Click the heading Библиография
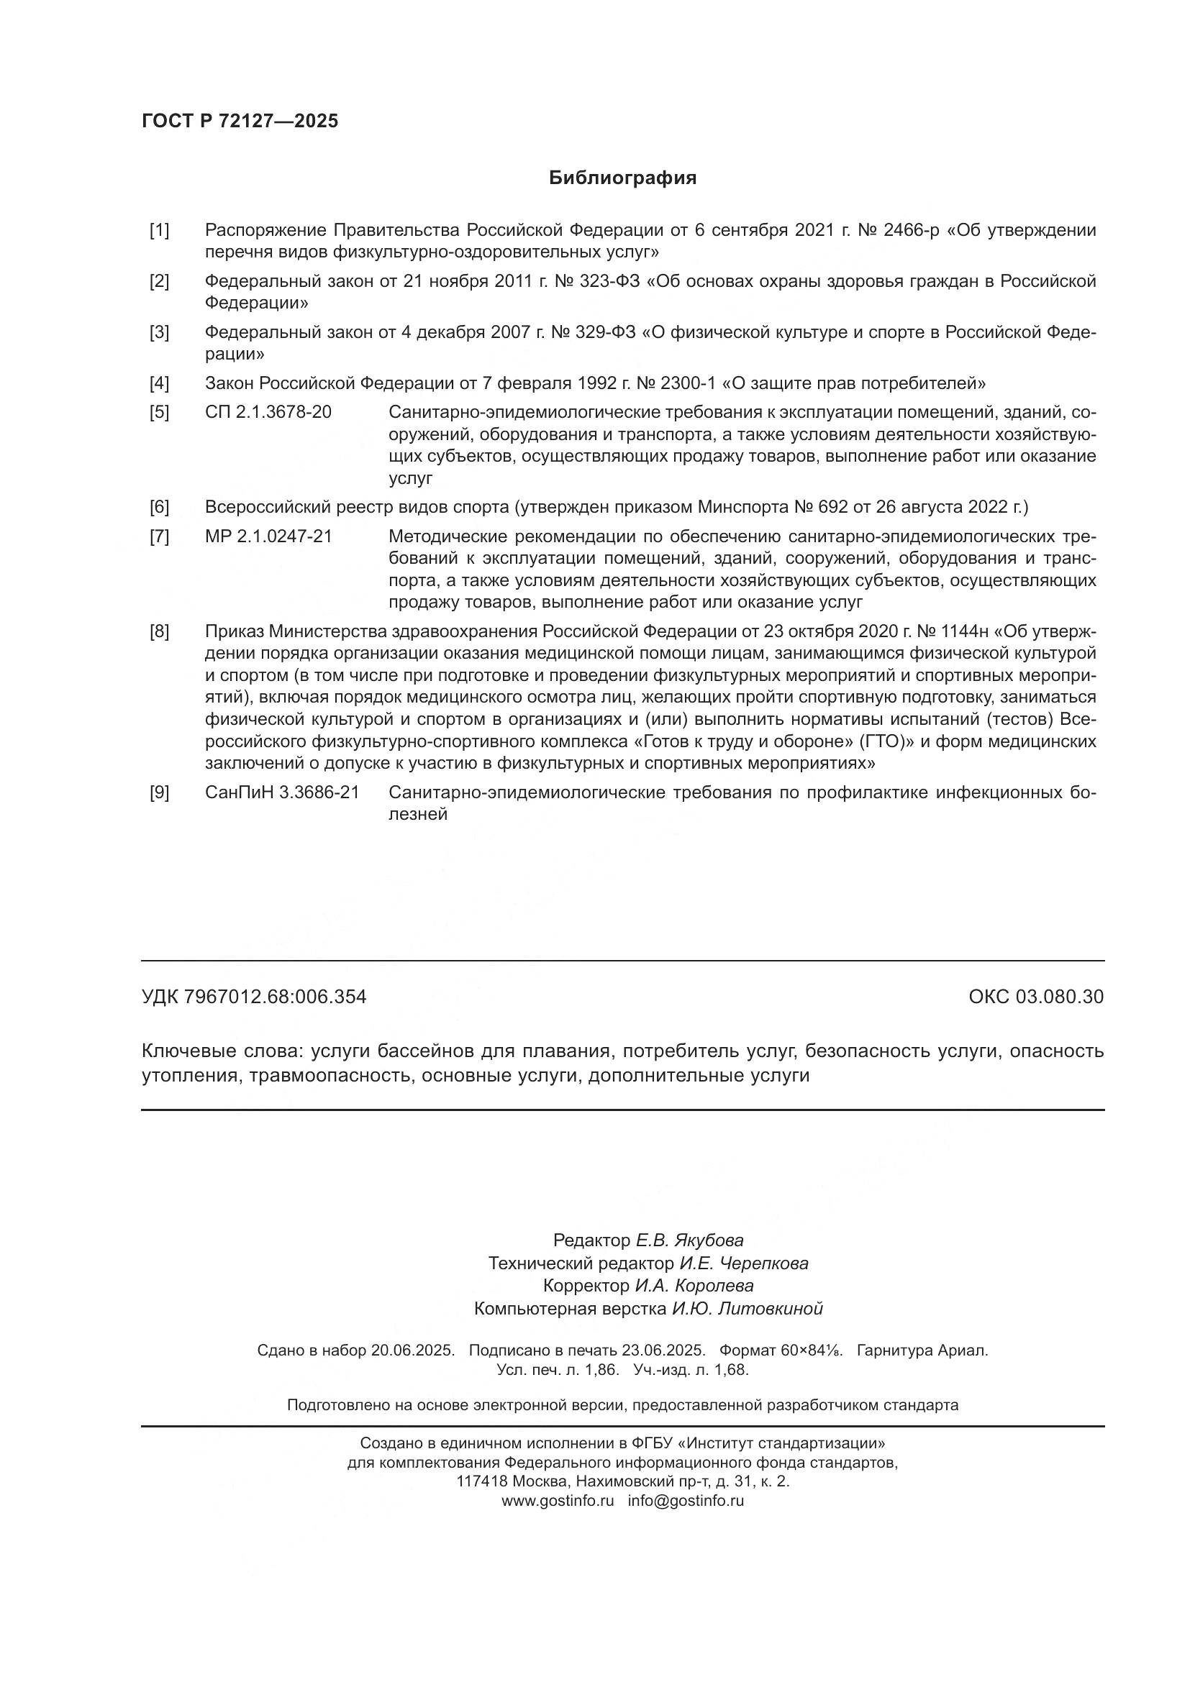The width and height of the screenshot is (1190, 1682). coord(622,178)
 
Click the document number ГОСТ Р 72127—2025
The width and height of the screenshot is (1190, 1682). coord(240,121)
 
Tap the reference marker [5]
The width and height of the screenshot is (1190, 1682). coord(159,413)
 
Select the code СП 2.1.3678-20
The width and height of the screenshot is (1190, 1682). coord(268,413)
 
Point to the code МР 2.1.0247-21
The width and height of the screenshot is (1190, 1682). coord(268,536)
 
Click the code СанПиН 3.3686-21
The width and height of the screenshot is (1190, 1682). coord(282,792)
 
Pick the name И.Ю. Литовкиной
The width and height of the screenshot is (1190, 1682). coord(748,1308)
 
